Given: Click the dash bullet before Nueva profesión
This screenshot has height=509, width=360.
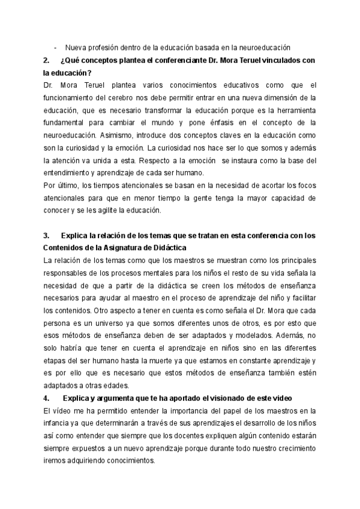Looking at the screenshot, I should point(56,47).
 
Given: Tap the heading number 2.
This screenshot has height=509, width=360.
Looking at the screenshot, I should point(47,61).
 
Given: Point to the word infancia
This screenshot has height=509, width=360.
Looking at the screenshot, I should point(59,424).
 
